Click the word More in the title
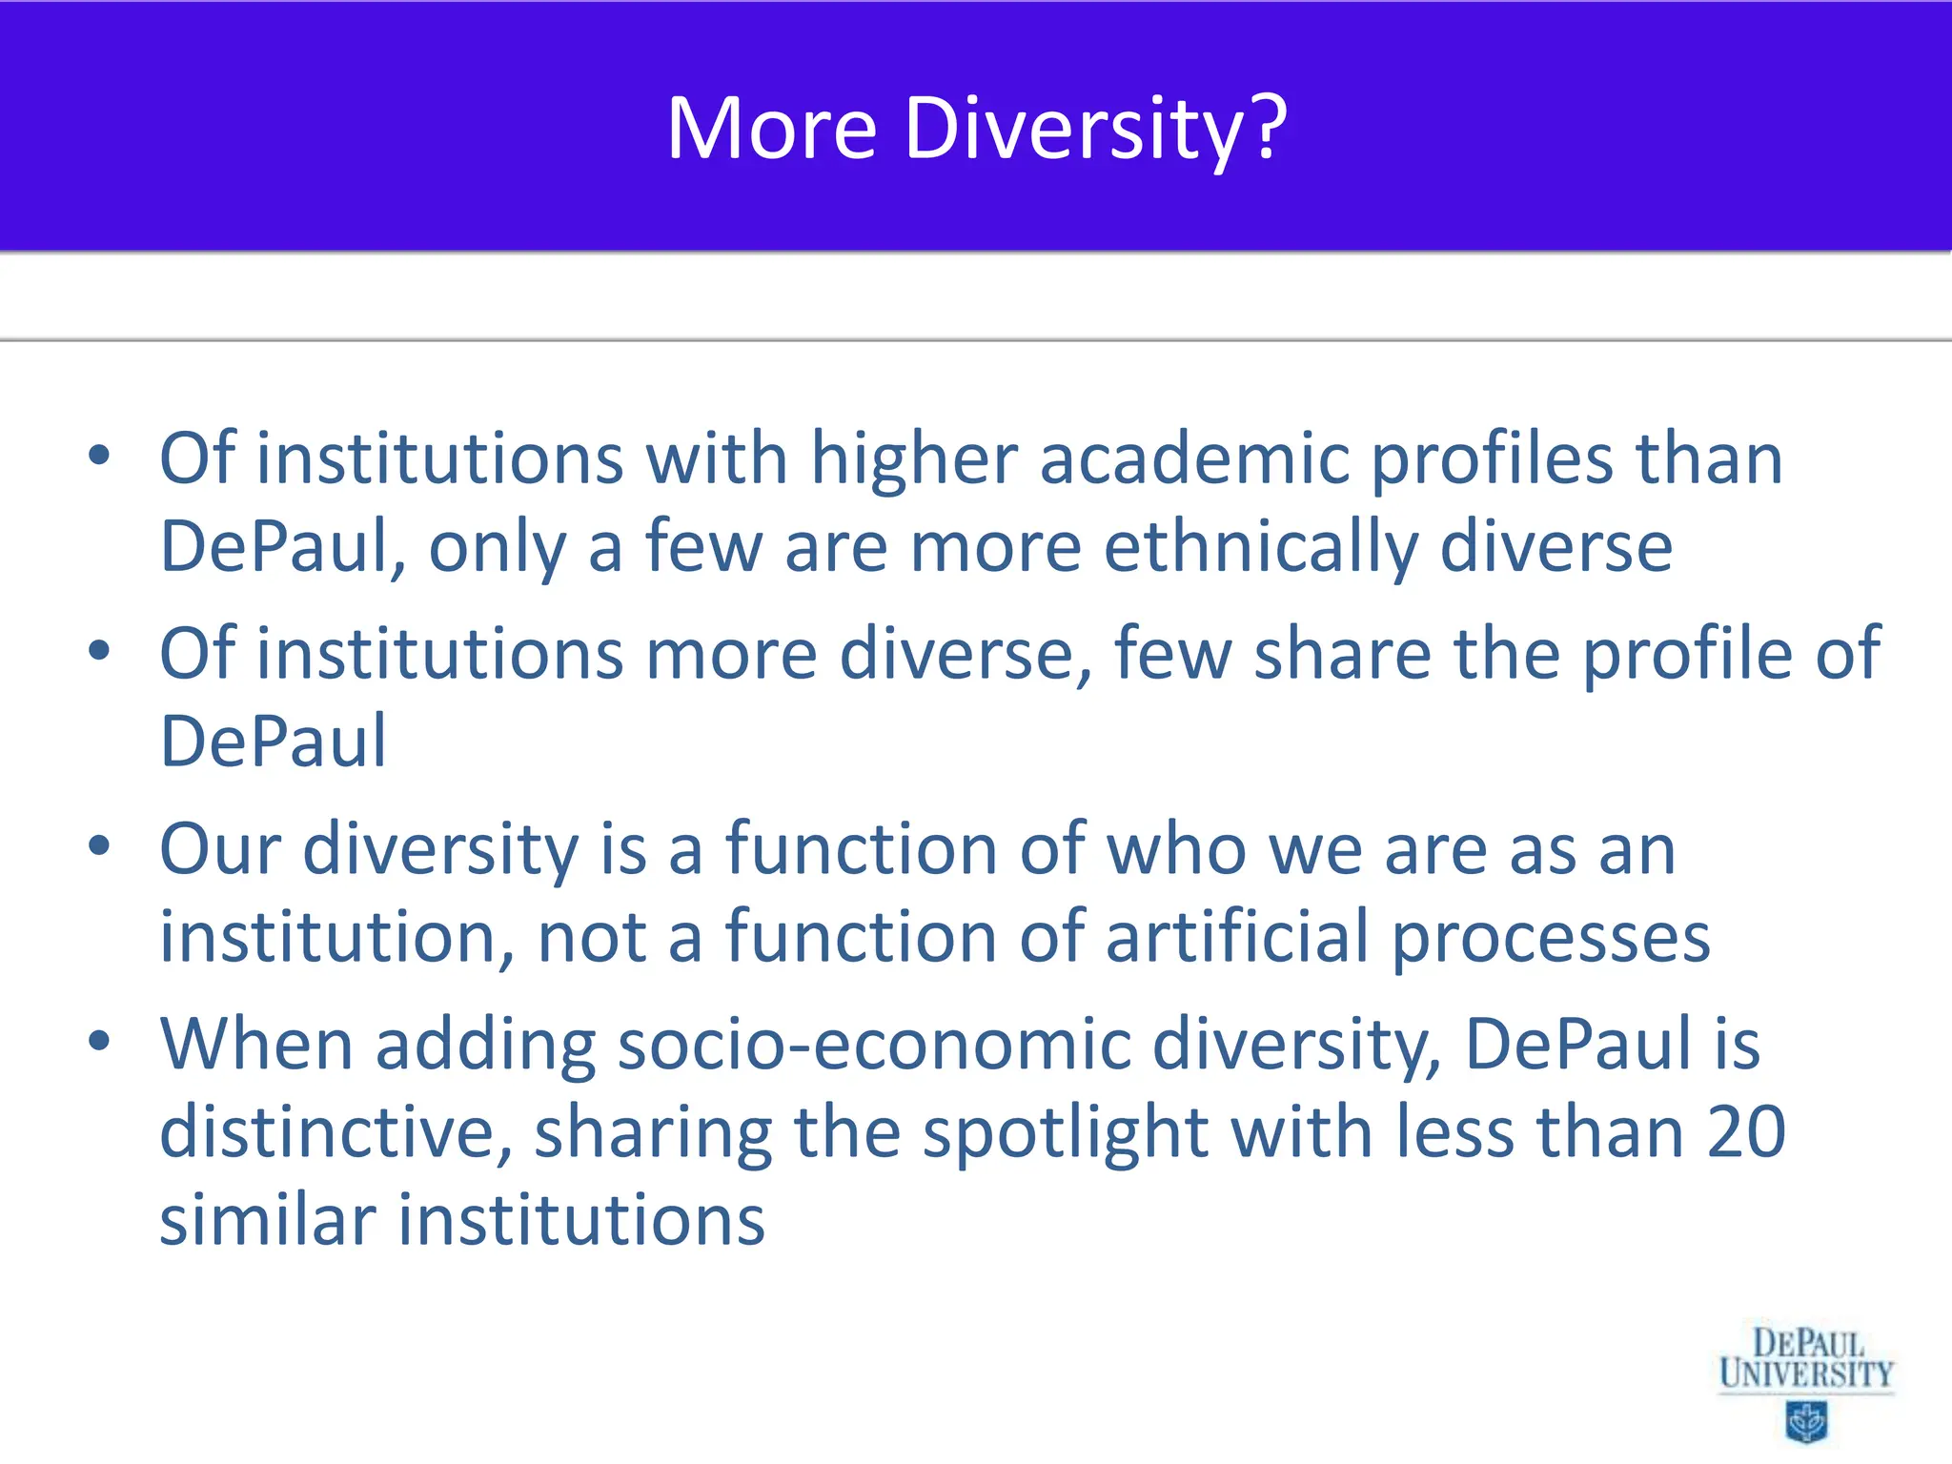771,129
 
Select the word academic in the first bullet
1194,459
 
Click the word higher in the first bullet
914,459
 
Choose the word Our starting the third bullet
220,848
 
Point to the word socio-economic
874,1045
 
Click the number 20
1746,1132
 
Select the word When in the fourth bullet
256,1045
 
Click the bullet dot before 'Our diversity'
99,845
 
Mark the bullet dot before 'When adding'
99,1041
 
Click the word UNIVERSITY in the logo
1806,1374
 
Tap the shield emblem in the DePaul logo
1806,1423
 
